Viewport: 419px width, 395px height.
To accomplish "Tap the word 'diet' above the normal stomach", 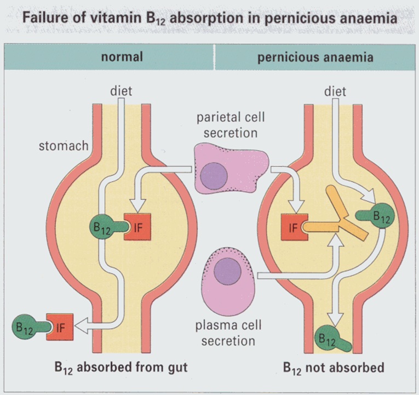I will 121,90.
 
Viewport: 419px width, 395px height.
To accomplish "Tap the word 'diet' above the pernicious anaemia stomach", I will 335,90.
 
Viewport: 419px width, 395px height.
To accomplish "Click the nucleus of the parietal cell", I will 213,176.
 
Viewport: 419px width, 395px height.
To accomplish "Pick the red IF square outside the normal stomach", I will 60,328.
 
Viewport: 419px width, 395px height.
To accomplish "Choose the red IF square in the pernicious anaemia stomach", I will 291,227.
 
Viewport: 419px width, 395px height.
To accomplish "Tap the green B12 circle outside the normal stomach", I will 25,328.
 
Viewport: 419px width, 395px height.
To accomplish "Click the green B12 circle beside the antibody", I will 380,216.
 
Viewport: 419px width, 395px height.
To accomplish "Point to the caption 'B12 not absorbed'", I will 334,367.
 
